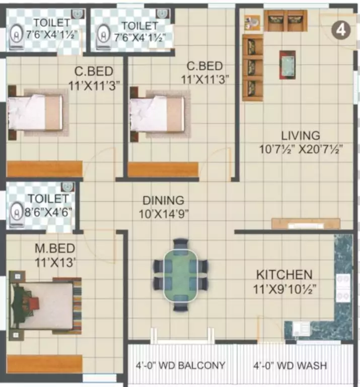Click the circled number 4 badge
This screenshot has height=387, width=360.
341,30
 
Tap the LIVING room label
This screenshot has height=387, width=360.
300,136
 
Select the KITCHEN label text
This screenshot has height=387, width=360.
284,275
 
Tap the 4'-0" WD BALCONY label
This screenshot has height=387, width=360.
180,365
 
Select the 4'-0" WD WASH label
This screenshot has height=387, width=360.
289,365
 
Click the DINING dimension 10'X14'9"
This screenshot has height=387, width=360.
164,214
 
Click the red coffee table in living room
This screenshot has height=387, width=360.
287,64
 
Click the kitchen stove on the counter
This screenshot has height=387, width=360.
343,288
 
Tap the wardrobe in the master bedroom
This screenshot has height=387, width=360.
44,364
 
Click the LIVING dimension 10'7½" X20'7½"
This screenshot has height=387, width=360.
301,149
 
